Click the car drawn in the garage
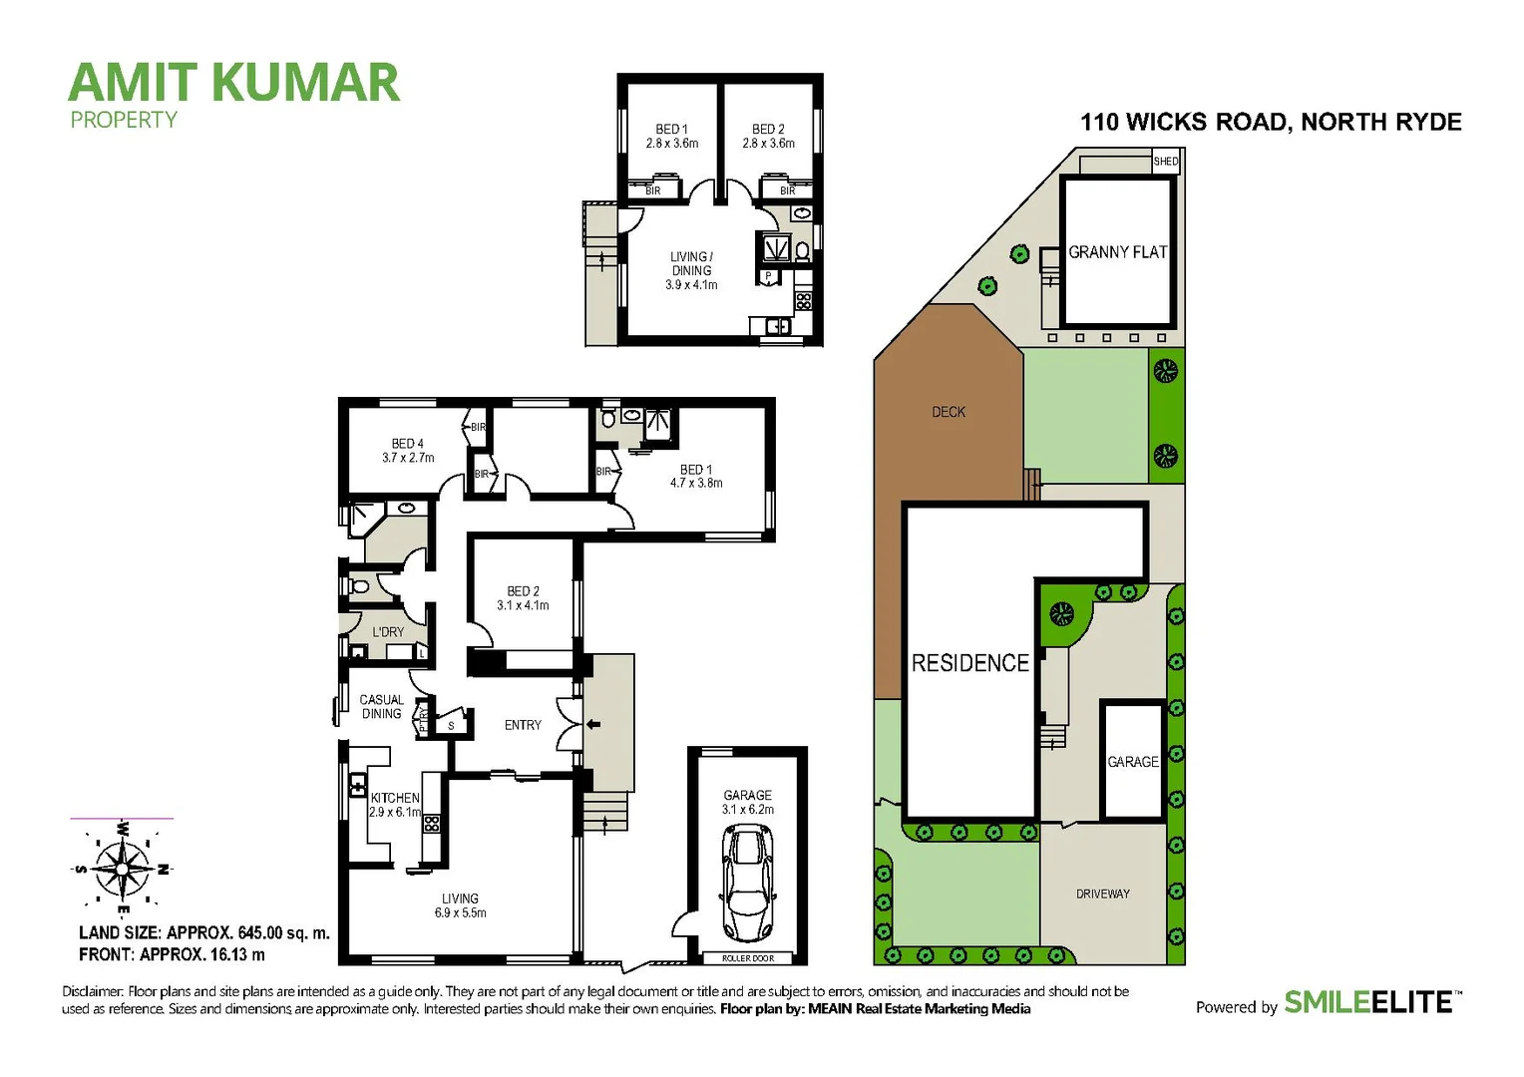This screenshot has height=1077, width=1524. point(747,885)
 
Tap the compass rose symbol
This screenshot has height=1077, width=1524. point(122,868)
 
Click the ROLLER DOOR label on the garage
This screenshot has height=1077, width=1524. point(747,958)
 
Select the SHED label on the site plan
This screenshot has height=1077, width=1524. point(1165,162)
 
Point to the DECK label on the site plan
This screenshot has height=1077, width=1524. point(949,412)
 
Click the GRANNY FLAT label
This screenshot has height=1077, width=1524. point(1117,252)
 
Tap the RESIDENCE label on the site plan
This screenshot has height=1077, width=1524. point(969,663)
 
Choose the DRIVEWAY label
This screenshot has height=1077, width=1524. point(1102,894)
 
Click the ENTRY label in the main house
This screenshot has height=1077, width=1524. point(523,725)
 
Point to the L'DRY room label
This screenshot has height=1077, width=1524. point(388,632)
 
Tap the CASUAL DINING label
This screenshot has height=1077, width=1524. point(381,707)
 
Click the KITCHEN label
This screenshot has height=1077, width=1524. point(395,798)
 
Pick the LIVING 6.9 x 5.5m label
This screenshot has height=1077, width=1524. point(460,905)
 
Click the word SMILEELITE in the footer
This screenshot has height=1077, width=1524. point(1367,1002)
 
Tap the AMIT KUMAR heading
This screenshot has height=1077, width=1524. point(234,83)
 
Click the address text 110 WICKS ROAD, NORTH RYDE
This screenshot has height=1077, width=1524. point(1271,123)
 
